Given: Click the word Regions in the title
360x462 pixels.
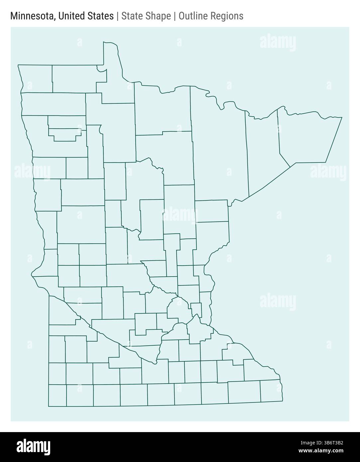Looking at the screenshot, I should (228, 16).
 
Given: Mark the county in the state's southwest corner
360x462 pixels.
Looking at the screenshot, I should (57, 395).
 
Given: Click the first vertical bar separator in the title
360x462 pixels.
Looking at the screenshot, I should (117, 16).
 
